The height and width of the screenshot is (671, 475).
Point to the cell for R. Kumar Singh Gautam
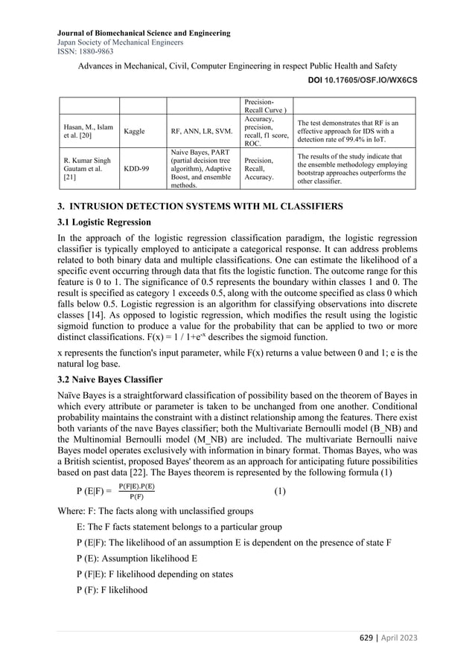[81, 168]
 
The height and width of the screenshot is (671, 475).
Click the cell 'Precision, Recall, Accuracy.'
[264, 168]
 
